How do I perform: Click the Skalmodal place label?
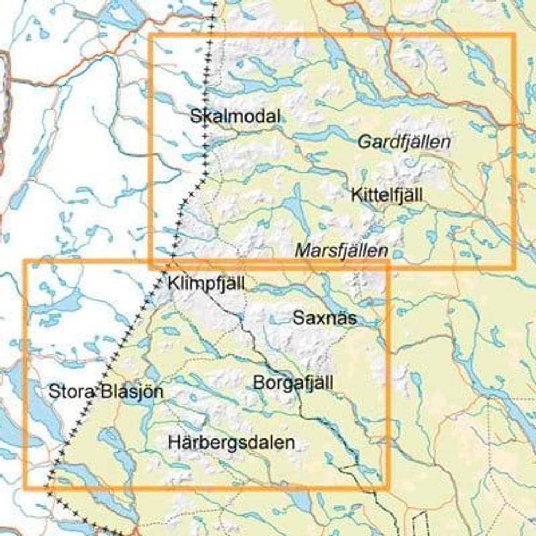[x=235, y=116]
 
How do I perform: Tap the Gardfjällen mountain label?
[x=403, y=143]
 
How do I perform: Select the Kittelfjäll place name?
[x=386, y=195]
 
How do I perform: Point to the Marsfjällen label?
[x=341, y=250]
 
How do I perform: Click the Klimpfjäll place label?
[x=206, y=284]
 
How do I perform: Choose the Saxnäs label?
[x=325, y=318]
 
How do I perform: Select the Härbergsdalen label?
[x=232, y=443]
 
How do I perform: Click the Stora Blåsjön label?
[x=106, y=391]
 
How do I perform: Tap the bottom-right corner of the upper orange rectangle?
[x=514, y=266]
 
